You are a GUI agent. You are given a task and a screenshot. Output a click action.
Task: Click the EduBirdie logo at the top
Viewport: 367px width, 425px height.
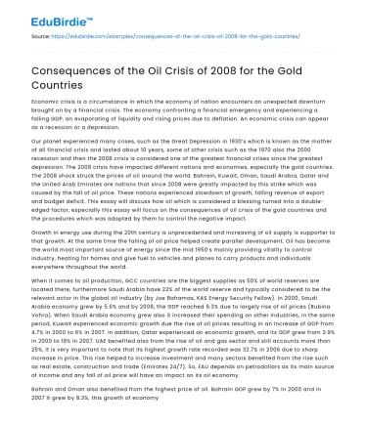coord(42,17)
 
